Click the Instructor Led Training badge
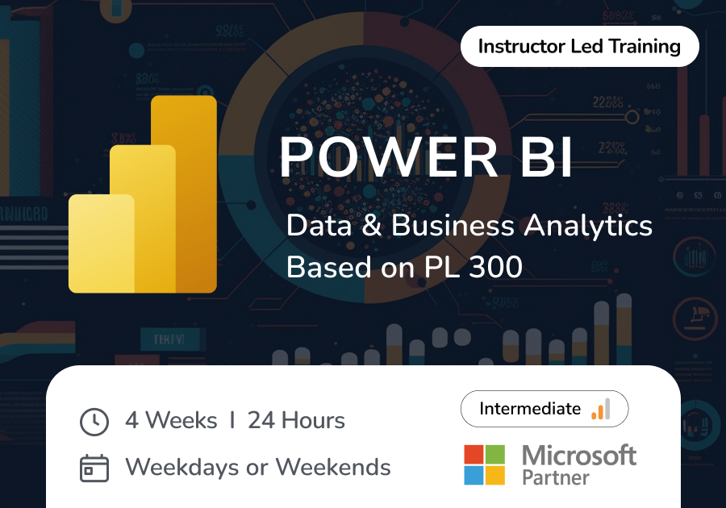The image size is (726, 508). pos(579,47)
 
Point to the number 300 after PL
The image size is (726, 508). pos(494,267)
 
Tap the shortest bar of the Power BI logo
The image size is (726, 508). pos(100,242)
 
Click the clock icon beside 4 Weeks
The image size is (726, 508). pos(94,422)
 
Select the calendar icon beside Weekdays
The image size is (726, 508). pos(94,468)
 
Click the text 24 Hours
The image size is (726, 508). pos(296,421)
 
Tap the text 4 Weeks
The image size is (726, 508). pos(171,421)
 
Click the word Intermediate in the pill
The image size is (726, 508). pos(530,410)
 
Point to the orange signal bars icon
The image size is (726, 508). pos(601,409)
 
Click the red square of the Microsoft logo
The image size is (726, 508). pos(474,454)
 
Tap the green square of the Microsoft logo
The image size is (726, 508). pos(495,454)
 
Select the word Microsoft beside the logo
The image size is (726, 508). pos(578,456)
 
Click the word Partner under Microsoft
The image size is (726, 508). pos(556,477)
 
